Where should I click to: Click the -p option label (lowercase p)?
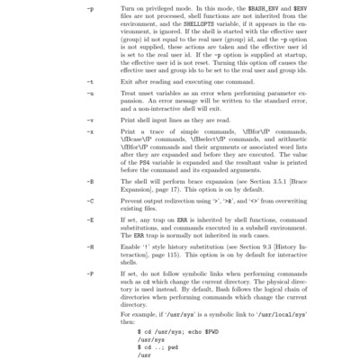click(89, 9)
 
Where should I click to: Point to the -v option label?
click(89, 119)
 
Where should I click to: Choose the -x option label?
click(89, 131)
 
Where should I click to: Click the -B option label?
click(89, 181)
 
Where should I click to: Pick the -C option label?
click(89, 200)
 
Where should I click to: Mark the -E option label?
click(89, 219)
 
